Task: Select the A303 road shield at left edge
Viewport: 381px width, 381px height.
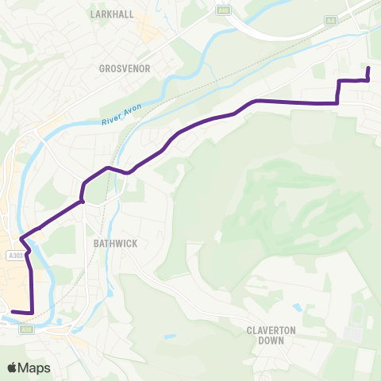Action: coord(14,256)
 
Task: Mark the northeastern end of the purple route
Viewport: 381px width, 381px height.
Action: coord(368,70)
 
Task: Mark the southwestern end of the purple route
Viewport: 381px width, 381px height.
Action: coord(13,311)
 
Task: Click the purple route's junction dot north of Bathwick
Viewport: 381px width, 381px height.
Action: coord(82,202)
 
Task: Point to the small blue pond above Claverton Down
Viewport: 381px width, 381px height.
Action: coord(296,306)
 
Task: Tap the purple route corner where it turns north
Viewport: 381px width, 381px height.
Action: coord(339,102)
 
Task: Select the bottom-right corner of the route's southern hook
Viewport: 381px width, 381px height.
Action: coord(33,313)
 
